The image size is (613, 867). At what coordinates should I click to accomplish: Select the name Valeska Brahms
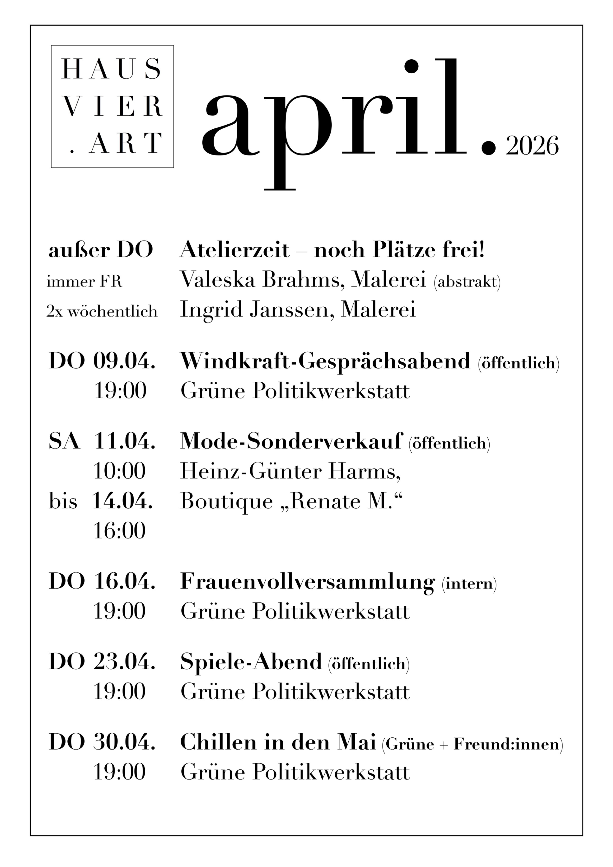coord(262,280)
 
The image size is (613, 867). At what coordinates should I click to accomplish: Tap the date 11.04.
coord(124,441)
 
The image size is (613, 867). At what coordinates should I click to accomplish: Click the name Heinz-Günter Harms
coord(290,471)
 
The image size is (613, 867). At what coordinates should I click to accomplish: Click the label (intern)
coord(469,583)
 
